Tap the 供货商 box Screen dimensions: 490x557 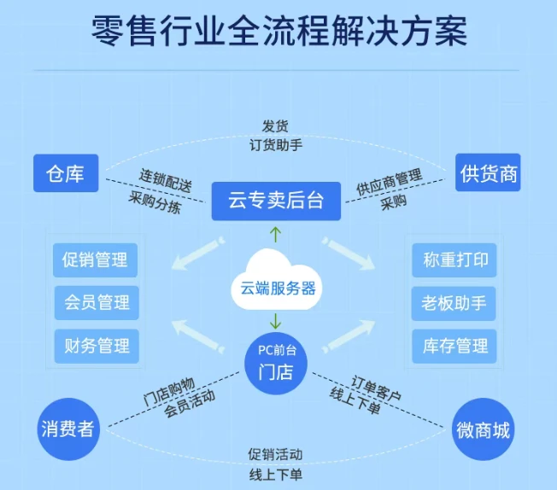coord(489,174)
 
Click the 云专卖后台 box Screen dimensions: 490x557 coord(277,201)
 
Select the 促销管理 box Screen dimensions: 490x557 coord(97,260)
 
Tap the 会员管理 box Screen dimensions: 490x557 coord(97,302)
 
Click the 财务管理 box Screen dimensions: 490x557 coord(97,346)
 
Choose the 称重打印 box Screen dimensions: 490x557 coord(454,260)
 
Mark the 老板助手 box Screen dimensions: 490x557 coord(454,302)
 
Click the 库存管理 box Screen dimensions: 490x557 coord(454,346)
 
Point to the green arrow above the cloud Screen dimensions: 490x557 coord(274,235)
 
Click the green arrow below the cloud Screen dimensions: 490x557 coord(275,322)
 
